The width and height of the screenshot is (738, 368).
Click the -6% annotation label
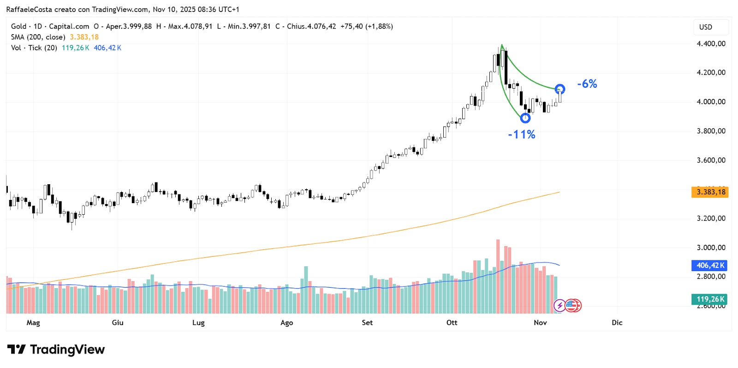587,84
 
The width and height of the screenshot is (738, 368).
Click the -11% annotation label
522,134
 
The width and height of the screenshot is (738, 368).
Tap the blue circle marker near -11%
525,118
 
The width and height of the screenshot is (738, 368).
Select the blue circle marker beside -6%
560,89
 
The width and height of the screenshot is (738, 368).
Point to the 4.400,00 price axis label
711,44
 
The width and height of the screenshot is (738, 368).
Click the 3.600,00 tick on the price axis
711,160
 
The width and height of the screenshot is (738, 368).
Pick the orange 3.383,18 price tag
710,192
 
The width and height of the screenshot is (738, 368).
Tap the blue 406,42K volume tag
709,265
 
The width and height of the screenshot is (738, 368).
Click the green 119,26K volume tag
709,299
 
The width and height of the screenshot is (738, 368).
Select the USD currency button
706,27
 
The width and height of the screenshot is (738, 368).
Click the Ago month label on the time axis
286,323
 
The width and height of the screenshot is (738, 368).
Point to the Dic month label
617,323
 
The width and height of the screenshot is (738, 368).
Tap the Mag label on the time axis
33,323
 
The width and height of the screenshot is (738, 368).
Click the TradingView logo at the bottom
56,350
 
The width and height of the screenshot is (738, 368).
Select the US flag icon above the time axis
573,305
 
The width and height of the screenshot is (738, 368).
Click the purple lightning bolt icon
559,305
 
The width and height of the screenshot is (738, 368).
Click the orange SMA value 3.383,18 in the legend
84,37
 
